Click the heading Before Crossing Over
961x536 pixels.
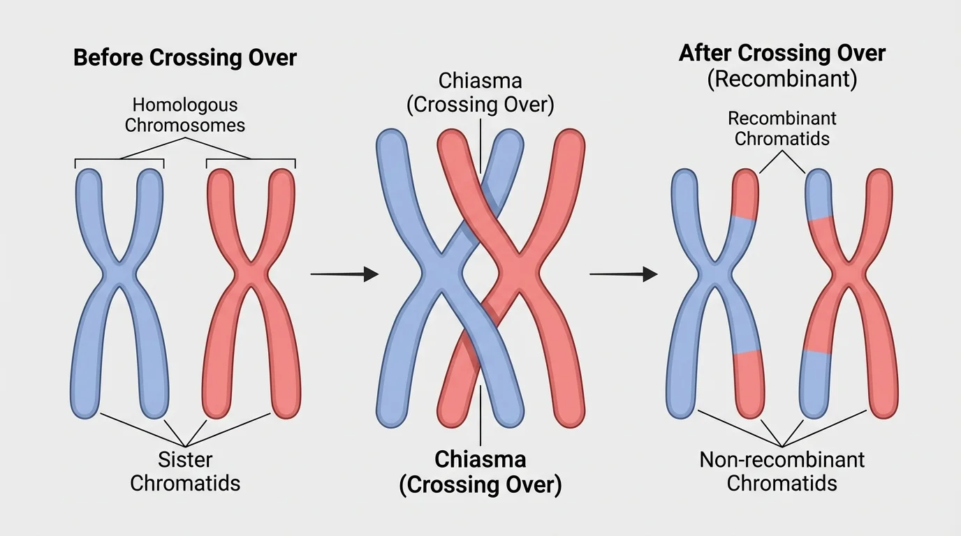point(185,57)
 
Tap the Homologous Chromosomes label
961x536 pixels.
point(185,115)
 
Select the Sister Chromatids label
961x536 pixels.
point(185,471)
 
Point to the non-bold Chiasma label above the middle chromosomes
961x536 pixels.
point(480,92)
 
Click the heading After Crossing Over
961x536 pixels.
point(782,54)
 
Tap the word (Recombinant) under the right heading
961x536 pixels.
point(782,79)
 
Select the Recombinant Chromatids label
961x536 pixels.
point(782,128)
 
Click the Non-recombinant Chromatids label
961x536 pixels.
point(782,471)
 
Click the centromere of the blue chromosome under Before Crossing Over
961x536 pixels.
point(119,274)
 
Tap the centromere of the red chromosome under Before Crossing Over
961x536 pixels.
point(252,274)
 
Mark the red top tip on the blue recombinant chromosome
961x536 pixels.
point(745,192)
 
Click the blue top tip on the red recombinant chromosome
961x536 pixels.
point(819,192)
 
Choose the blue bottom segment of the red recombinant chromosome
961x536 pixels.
point(815,384)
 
